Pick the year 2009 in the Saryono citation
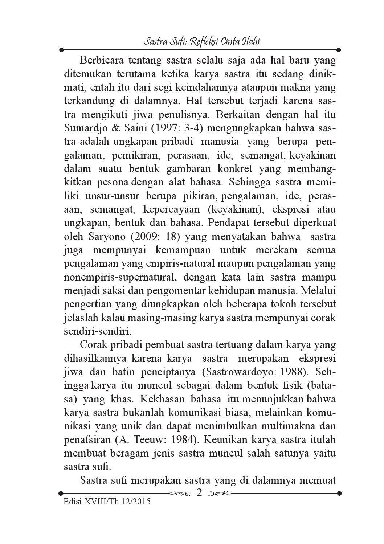point(145,237)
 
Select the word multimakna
point(284,426)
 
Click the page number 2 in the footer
point(199,493)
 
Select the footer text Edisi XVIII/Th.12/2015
point(107,502)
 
